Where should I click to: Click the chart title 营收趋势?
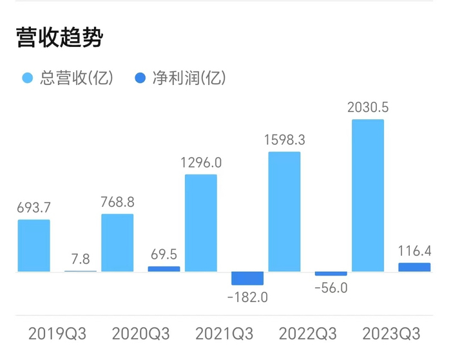[59, 38]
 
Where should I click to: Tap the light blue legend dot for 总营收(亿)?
[27, 79]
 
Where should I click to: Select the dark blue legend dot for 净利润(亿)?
[140, 79]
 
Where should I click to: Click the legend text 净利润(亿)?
[188, 79]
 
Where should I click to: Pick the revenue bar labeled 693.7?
[34, 245]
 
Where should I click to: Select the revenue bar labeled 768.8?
[117, 243]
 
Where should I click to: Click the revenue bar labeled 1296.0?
[201, 223]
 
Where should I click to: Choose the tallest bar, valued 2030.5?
[368, 195]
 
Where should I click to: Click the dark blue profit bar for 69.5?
[164, 269]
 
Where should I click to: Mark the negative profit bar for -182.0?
[247, 278]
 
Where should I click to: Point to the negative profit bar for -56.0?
[331, 274]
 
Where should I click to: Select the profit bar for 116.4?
[414, 267]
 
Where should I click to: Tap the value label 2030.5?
[368, 107]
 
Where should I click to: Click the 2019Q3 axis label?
[57, 334]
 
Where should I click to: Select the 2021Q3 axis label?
[224, 334]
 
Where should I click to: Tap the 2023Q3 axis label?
[391, 334]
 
